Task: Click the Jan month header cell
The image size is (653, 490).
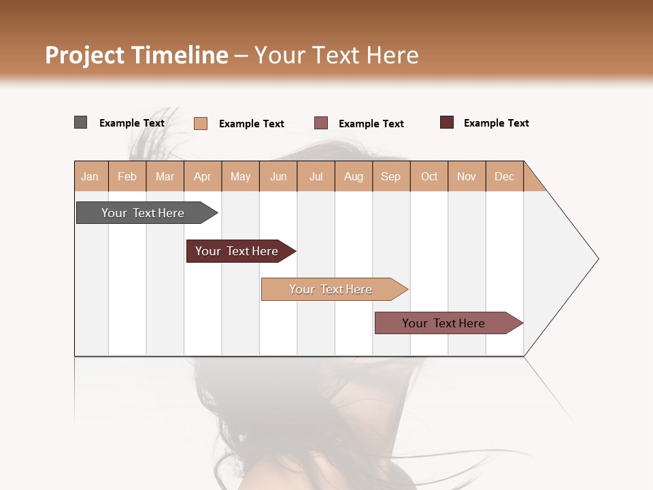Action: click(90, 176)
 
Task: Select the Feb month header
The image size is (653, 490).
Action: click(127, 176)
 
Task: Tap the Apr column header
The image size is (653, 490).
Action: click(203, 176)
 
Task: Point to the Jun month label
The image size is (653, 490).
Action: click(278, 176)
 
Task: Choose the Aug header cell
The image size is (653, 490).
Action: click(354, 176)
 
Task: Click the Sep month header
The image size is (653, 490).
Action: click(391, 176)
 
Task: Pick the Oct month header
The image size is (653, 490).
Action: click(429, 176)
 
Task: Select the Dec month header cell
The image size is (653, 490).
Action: click(505, 176)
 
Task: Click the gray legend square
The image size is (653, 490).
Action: click(80, 122)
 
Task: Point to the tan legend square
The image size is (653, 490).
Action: click(201, 123)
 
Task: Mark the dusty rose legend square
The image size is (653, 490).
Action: click(321, 122)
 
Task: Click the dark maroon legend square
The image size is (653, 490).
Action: click(447, 122)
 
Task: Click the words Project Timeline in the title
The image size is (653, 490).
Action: click(136, 55)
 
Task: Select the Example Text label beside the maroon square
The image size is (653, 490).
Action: click(496, 123)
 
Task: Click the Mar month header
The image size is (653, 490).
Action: click(165, 176)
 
